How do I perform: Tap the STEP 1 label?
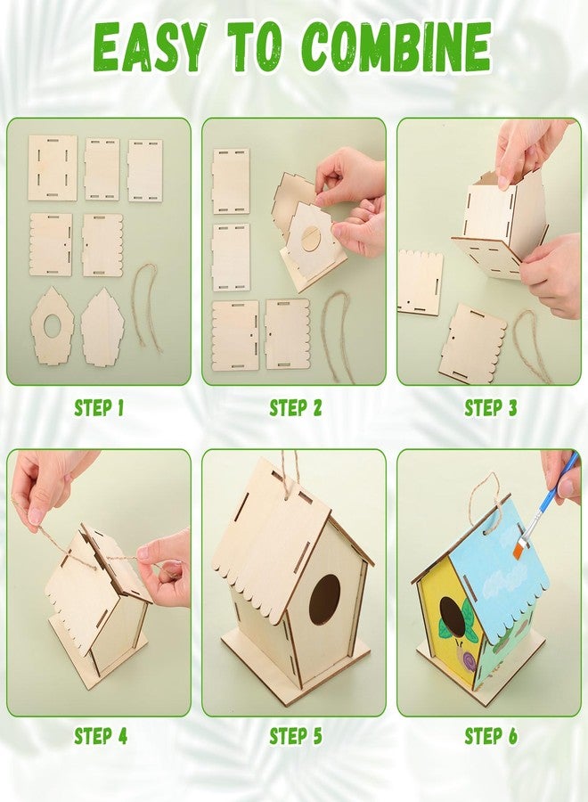(x=99, y=408)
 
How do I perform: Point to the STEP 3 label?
(x=490, y=408)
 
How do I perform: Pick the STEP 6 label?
(x=490, y=736)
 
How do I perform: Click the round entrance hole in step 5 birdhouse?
(x=324, y=599)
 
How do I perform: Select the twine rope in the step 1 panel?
(x=149, y=307)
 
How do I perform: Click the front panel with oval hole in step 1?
(x=51, y=327)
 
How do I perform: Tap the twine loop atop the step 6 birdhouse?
(x=486, y=499)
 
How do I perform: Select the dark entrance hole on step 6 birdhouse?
(x=451, y=615)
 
